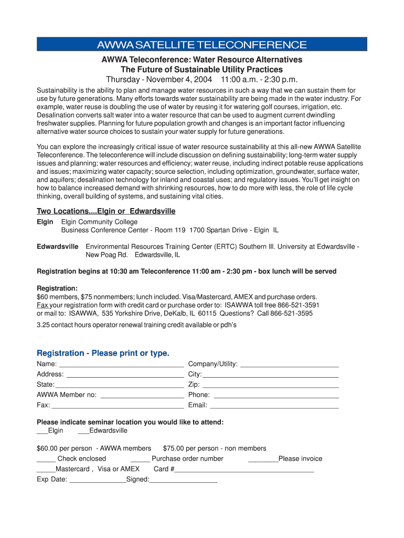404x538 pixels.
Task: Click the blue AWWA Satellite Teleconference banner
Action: (202, 44)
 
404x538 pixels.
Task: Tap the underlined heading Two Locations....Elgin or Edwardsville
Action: (106, 211)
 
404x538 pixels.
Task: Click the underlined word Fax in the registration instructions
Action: (42, 305)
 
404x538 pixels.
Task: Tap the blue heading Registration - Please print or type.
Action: (103, 353)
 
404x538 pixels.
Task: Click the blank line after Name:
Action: (121, 364)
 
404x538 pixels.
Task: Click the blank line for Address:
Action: (125, 375)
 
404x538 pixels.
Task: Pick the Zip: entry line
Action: (270, 385)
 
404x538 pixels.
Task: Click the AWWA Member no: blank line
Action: (142, 395)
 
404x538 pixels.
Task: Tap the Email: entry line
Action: (274, 406)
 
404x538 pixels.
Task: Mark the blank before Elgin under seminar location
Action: (42, 431)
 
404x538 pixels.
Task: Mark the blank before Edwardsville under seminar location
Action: (83, 431)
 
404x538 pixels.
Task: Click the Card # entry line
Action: (244, 470)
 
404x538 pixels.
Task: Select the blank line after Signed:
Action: (183, 480)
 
